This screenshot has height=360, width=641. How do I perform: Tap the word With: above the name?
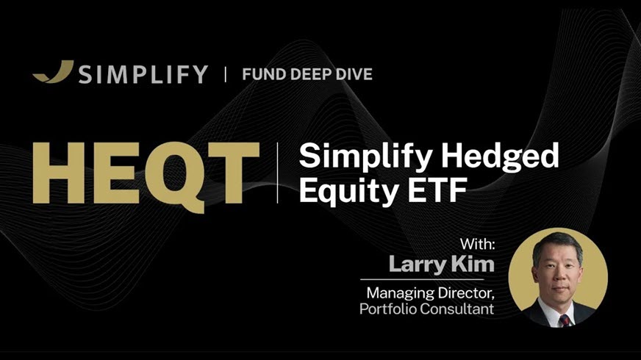coord(477,244)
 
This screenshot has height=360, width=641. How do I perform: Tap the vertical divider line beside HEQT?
coord(278,173)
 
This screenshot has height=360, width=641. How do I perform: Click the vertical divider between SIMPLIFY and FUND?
coord(225,73)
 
